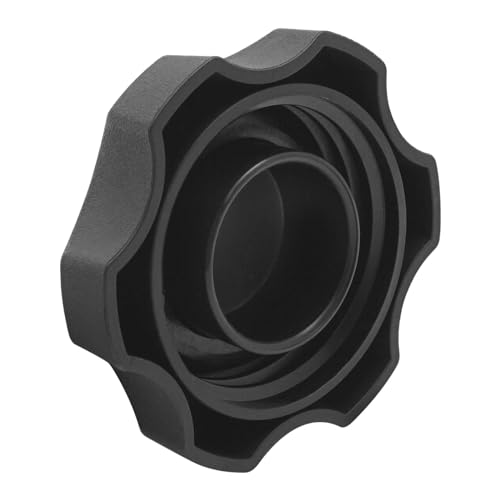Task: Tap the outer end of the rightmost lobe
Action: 432,190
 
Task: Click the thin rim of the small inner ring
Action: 215,250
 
